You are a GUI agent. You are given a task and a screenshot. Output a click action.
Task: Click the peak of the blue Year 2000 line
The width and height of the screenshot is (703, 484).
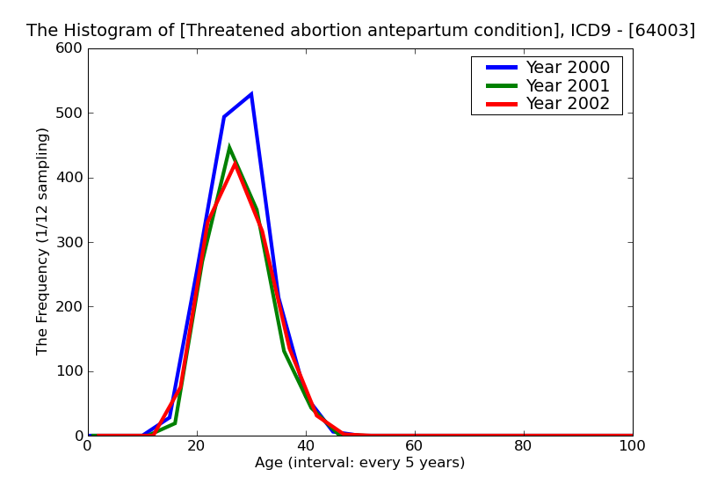(251, 94)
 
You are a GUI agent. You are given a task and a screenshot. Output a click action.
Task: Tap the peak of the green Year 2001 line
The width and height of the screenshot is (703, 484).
(229, 148)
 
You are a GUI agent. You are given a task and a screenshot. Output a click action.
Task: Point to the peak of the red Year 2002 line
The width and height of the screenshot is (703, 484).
(235, 163)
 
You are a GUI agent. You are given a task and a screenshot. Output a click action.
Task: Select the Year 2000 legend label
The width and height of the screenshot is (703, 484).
(567, 68)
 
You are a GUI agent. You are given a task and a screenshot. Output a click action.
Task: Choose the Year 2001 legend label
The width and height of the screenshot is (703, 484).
(567, 85)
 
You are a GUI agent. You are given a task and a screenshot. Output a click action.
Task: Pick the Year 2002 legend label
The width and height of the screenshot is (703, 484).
(567, 104)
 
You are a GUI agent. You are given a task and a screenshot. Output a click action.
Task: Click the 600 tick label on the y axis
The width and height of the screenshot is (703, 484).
(69, 48)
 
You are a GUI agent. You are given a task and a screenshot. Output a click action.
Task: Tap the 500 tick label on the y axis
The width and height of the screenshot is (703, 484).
(69, 114)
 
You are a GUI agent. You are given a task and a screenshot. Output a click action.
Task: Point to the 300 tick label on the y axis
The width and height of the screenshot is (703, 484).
(69, 242)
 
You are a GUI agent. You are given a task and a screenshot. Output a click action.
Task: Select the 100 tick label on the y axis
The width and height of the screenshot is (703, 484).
(69, 371)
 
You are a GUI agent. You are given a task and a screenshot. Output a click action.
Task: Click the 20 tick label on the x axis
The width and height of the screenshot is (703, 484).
(197, 446)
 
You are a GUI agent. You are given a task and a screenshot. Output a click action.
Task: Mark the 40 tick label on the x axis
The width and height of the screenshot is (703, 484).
(306, 446)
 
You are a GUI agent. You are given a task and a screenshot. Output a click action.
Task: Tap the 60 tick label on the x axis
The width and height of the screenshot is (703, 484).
(415, 446)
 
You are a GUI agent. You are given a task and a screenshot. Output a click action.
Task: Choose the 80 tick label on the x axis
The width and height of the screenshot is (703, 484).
(524, 446)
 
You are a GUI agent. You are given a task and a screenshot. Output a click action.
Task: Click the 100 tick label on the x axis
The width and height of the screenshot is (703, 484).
(632, 446)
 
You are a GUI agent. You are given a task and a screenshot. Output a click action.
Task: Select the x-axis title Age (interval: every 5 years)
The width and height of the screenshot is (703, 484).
(359, 463)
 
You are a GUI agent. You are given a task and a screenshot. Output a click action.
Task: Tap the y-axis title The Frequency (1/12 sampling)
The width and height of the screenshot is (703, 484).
(43, 241)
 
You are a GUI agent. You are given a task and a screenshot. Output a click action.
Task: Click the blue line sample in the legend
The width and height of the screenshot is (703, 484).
(497, 68)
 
